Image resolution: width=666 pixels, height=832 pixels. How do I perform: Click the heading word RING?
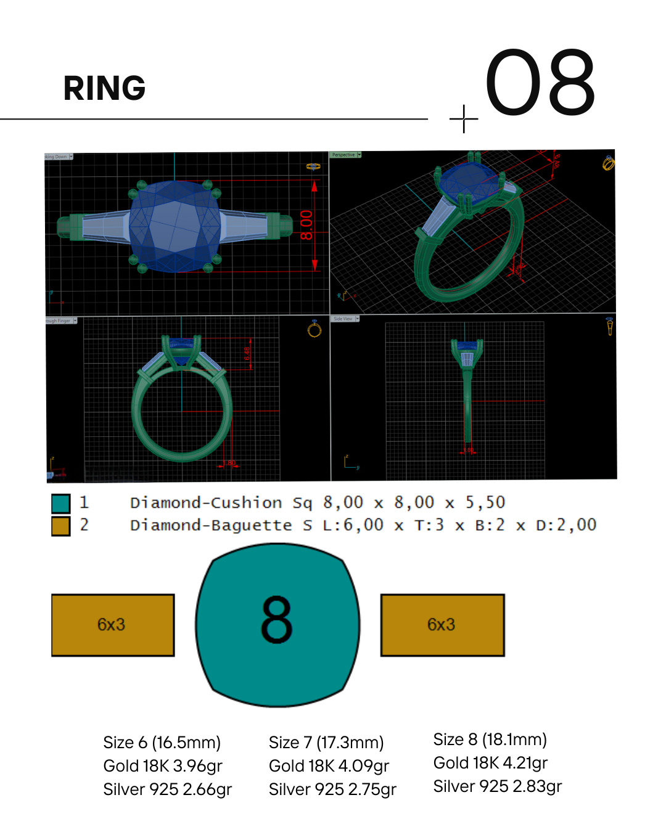pos(104,88)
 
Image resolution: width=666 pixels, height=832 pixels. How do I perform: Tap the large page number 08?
pos(540,83)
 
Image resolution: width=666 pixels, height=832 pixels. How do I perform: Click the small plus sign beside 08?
pos(464,118)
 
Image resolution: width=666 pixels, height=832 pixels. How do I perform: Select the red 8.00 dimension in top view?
pos(306,225)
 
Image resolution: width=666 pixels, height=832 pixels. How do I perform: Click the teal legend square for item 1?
pos(60,504)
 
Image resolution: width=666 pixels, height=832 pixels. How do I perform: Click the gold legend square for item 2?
pos(60,526)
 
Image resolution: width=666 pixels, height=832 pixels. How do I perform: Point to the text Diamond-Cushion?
pos(205,503)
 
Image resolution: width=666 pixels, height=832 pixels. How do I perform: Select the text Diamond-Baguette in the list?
pos(210,526)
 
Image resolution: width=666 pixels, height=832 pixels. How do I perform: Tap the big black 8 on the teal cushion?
pos(276,619)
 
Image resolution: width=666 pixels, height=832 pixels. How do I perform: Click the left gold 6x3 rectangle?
pos(112,625)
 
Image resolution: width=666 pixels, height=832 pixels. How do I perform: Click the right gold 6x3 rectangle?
pos(442,625)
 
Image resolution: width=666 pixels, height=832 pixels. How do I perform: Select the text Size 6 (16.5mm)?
pos(162,743)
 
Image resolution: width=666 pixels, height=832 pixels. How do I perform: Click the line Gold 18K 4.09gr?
pos(329,766)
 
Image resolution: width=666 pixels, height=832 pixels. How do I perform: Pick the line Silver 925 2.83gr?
pos(497,786)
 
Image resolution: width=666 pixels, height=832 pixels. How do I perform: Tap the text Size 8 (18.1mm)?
pos(490,740)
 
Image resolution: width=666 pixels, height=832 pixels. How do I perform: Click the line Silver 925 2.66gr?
pos(167,789)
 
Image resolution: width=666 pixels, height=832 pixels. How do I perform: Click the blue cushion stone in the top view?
pos(175,226)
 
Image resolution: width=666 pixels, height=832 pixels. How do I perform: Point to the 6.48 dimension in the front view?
pos(247,354)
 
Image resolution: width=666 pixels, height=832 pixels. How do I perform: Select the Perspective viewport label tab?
pos(343,155)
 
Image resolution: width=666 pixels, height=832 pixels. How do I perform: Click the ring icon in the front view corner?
pos(314,329)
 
